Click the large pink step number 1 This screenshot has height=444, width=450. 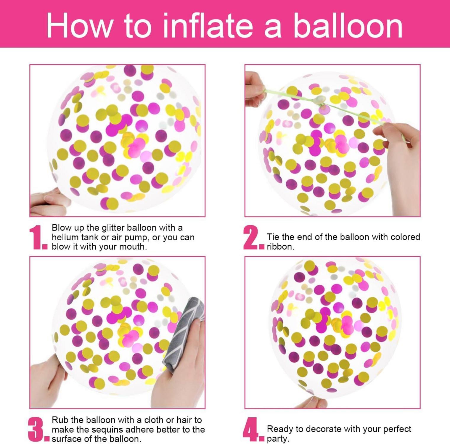pyautogui.click(x=38, y=237)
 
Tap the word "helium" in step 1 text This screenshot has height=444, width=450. pyautogui.click(x=65, y=237)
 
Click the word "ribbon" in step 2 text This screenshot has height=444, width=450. pyautogui.click(x=280, y=247)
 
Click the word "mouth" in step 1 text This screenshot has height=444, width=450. pyautogui.click(x=133, y=247)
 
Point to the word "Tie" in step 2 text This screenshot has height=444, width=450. pyautogui.click(x=273, y=237)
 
